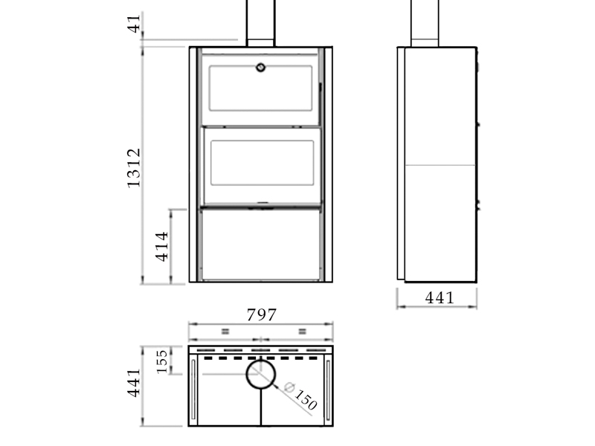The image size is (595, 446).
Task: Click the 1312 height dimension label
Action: tap(134, 168)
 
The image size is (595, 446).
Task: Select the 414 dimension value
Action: tap(162, 247)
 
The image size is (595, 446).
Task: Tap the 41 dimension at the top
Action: tap(134, 24)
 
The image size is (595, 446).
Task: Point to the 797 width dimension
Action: tap(262, 314)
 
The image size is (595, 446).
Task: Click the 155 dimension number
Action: tap(162, 361)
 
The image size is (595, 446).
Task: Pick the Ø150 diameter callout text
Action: tap(300, 396)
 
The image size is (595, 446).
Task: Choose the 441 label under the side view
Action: tap(440, 298)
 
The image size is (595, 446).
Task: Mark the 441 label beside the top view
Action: tap(134, 383)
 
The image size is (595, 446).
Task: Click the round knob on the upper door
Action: tap(261, 68)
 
